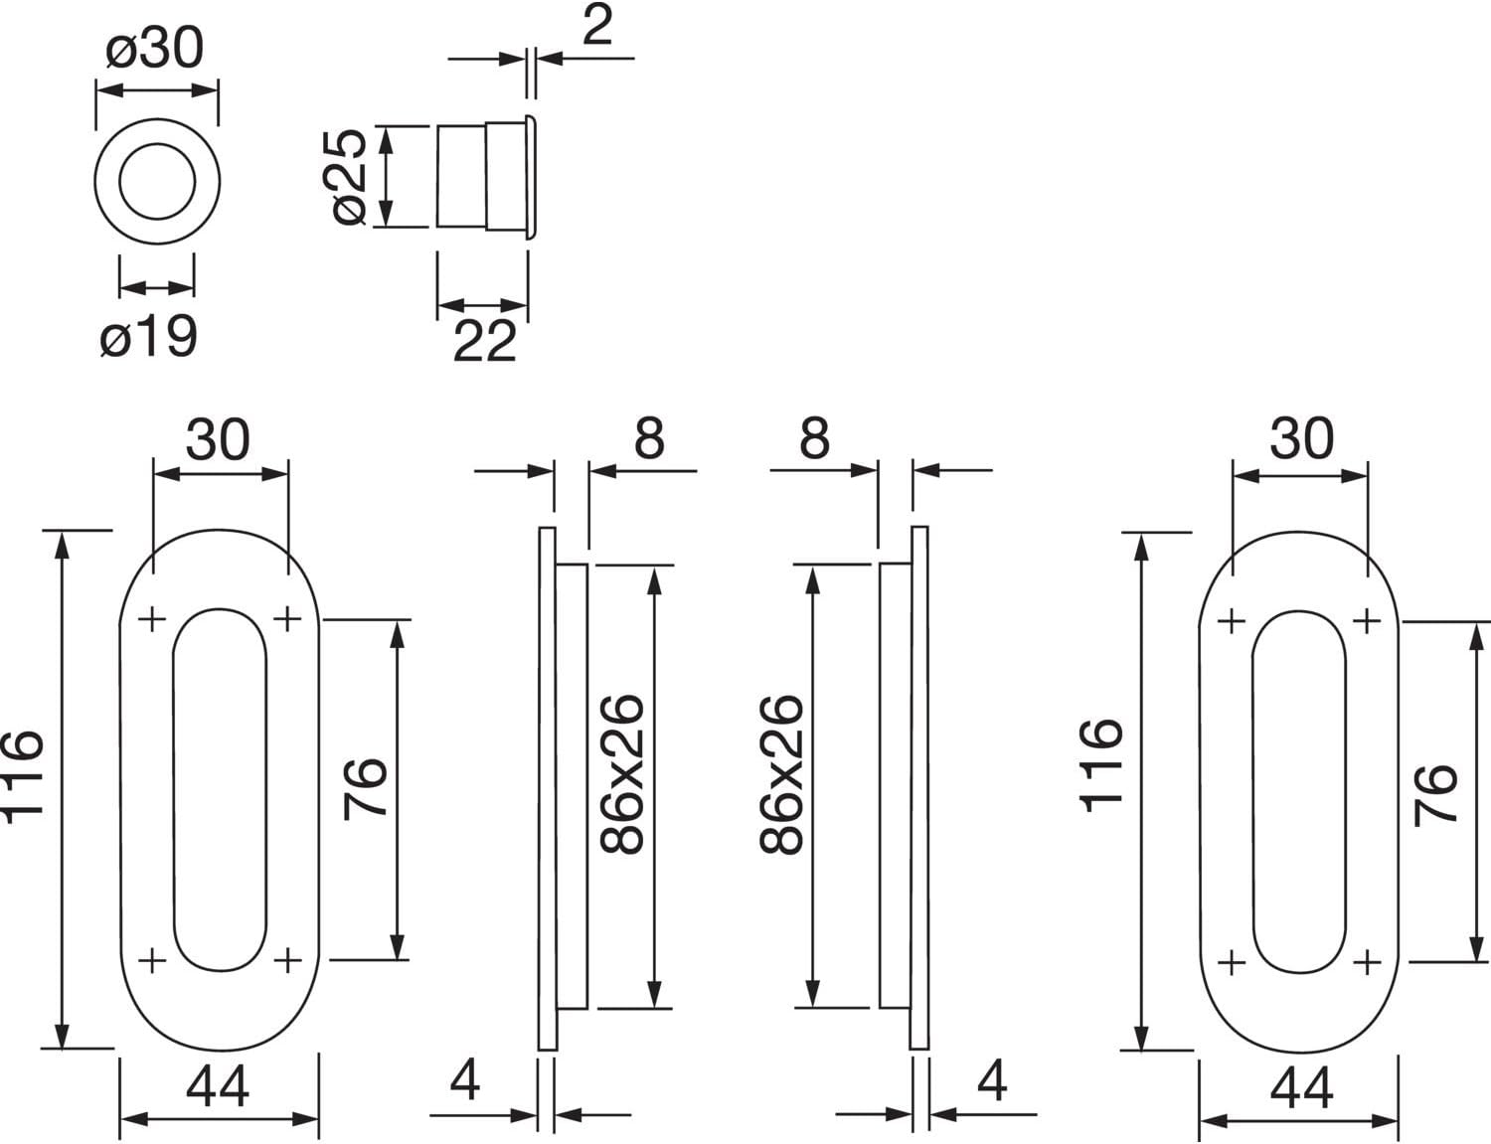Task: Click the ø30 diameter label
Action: click(155, 48)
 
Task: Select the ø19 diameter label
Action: click(149, 338)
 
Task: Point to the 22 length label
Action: click(485, 342)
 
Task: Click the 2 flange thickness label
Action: click(596, 26)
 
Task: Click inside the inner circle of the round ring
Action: click(156, 181)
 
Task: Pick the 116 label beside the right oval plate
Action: click(1102, 765)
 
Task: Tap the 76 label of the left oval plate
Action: click(366, 787)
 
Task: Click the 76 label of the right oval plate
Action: click(1437, 794)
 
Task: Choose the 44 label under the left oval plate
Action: click(218, 1086)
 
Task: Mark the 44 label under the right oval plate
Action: click(1301, 1086)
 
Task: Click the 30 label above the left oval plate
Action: click(218, 438)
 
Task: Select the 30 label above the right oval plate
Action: click(1301, 438)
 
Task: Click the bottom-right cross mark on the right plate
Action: click(1368, 962)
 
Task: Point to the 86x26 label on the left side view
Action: click(624, 775)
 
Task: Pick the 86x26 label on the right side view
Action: click(781, 775)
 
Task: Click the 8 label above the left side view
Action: click(649, 438)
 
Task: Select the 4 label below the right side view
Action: click(992, 1079)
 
